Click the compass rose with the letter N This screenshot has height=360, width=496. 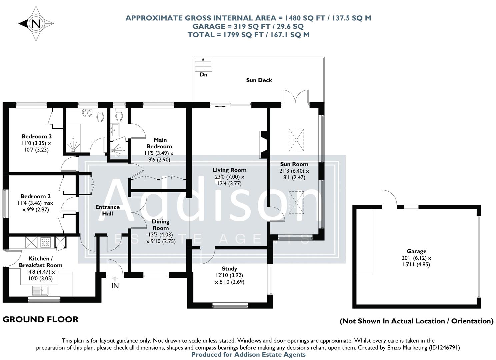pyautogui.click(x=36, y=24)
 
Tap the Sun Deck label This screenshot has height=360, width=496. pyautogui.click(x=259, y=80)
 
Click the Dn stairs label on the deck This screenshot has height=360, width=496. pyautogui.click(x=203, y=75)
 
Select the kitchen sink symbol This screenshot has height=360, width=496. pyautogui.click(x=40, y=291)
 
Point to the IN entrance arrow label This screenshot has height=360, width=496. pyautogui.click(x=115, y=286)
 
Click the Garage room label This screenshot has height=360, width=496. pyautogui.click(x=416, y=251)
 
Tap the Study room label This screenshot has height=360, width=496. pyautogui.click(x=229, y=269)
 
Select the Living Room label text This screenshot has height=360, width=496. pyautogui.click(x=229, y=170)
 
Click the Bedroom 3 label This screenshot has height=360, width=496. pyautogui.click(x=36, y=136)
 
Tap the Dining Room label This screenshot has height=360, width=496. pyautogui.click(x=161, y=225)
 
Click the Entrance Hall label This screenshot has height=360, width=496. pyautogui.click(x=107, y=210)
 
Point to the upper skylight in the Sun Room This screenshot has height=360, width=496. pyautogui.click(x=296, y=139)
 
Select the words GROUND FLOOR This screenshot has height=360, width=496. pyautogui.click(x=40, y=319)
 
